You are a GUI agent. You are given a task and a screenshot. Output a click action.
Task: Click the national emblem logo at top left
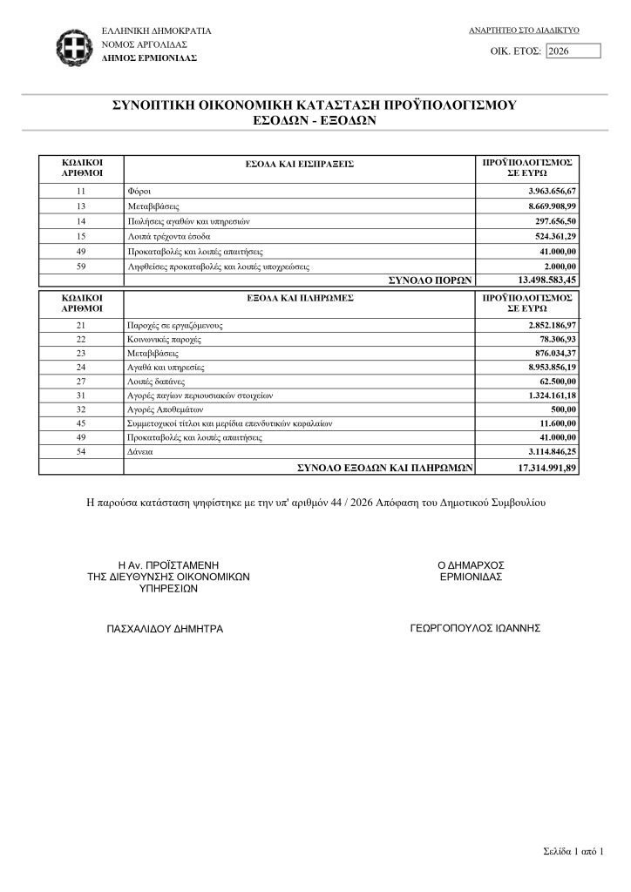click(x=71, y=44)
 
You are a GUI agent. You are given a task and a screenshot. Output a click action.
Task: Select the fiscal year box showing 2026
click(x=573, y=51)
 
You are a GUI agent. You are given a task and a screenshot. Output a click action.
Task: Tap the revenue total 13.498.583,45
click(x=540, y=280)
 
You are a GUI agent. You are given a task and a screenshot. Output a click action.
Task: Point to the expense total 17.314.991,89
click(x=540, y=468)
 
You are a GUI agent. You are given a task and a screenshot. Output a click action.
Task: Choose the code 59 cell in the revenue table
click(x=82, y=267)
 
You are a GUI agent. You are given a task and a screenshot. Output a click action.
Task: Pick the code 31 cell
click(x=82, y=396)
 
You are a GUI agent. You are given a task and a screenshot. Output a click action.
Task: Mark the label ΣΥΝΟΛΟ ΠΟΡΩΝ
click(x=429, y=280)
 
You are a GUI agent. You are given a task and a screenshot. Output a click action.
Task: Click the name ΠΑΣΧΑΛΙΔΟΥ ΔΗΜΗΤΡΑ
click(x=165, y=628)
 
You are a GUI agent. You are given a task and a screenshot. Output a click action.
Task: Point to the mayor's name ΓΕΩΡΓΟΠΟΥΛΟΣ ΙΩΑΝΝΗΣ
click(x=475, y=627)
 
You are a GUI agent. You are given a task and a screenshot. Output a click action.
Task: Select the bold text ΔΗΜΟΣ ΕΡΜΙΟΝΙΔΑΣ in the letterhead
click(x=149, y=57)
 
